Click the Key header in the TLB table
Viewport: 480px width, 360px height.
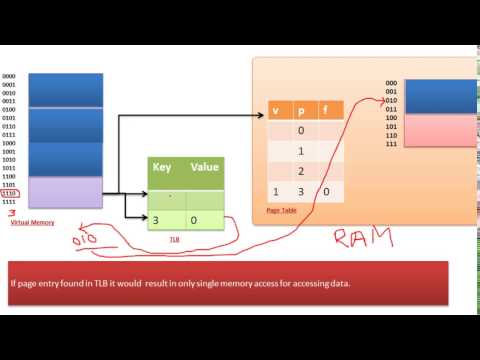164,168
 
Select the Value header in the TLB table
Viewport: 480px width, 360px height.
203,168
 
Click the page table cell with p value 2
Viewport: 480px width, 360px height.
300,171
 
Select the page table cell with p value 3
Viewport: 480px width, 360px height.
300,191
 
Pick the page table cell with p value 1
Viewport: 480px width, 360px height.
300,151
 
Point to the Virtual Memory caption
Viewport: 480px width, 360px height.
31,221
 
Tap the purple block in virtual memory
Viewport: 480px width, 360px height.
67,192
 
